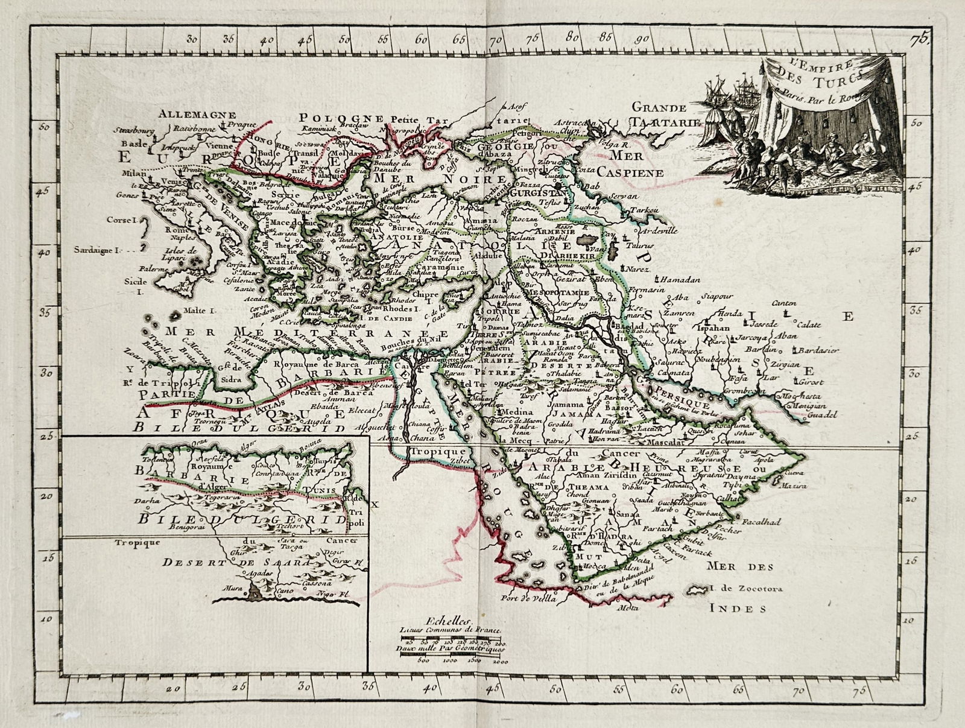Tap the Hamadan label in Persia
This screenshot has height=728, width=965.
point(680,280)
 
